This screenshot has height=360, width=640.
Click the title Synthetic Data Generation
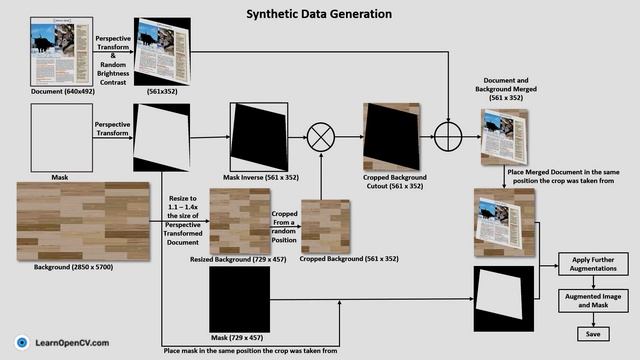(x=320, y=14)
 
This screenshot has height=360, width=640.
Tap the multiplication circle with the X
(x=320, y=137)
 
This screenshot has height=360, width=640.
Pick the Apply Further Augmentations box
(x=594, y=265)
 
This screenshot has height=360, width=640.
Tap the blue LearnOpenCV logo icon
(x=22, y=342)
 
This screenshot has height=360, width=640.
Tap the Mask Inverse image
(x=259, y=137)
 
